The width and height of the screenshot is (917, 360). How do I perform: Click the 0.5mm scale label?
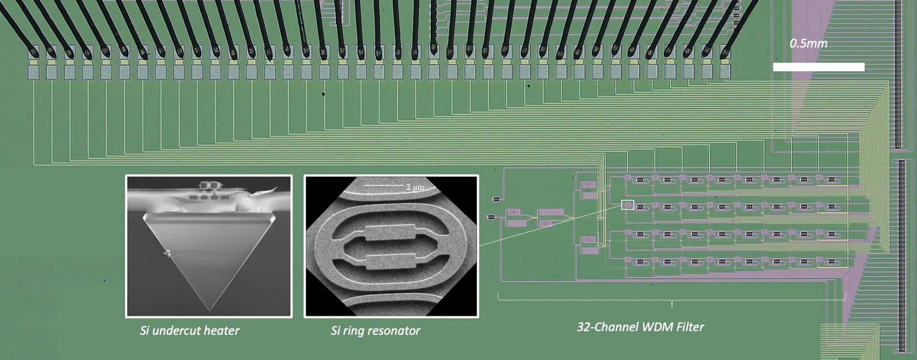(808, 44)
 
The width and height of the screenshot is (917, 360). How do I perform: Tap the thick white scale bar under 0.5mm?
(819, 67)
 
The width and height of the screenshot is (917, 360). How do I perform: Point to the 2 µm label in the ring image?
(415, 187)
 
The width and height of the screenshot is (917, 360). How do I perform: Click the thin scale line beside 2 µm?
(384, 185)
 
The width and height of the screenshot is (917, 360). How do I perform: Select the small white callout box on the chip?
(628, 205)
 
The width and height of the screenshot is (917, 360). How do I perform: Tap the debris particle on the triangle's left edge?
(167, 253)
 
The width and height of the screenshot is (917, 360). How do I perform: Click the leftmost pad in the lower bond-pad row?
(34, 73)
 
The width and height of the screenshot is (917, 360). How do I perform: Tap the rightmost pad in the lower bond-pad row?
(725, 73)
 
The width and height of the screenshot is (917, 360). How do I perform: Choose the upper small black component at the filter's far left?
(496, 199)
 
